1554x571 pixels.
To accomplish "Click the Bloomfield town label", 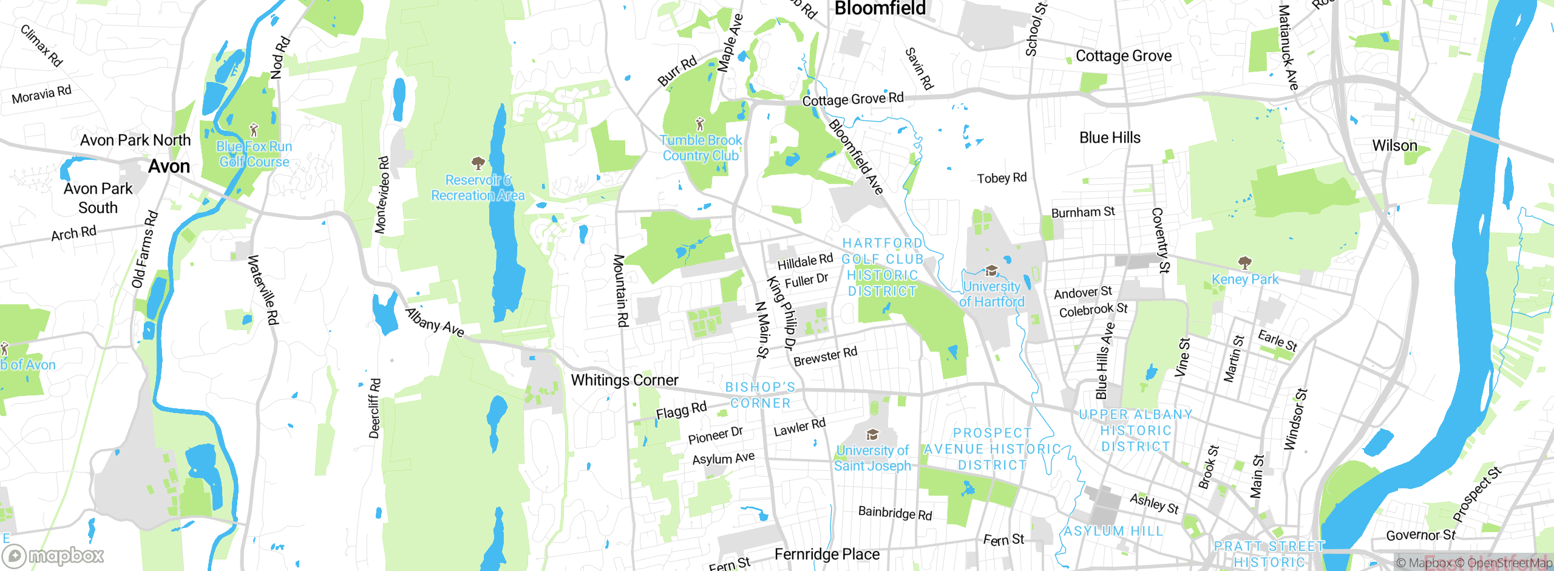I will (x=880, y=9).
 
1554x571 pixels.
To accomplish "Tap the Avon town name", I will (x=169, y=166).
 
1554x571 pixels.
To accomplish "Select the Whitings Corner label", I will (x=624, y=380).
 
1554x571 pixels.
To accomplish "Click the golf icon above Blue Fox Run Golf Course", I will (x=254, y=129).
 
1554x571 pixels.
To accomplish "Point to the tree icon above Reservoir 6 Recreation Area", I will (x=478, y=163).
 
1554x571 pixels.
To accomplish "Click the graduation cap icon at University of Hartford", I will (x=991, y=270).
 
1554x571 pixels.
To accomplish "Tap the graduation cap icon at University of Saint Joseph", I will (x=872, y=434).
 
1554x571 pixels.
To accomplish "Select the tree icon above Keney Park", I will (x=1244, y=262).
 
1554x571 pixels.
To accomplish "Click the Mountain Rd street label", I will (x=620, y=290).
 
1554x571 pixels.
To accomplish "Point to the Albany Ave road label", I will (x=435, y=323).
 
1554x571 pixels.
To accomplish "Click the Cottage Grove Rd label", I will (x=852, y=99).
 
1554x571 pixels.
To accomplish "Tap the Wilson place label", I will (x=1394, y=146).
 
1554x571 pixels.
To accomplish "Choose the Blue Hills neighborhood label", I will (x=1109, y=138).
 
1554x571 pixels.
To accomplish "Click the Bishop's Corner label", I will (x=760, y=395).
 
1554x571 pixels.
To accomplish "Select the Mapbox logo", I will (x=53, y=555).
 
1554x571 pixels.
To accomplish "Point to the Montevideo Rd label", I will (x=382, y=195).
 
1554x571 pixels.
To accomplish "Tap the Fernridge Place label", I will (x=827, y=554).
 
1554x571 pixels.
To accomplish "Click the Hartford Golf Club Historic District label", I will (x=882, y=267).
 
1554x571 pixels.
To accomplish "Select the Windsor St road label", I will (x=1294, y=420).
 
